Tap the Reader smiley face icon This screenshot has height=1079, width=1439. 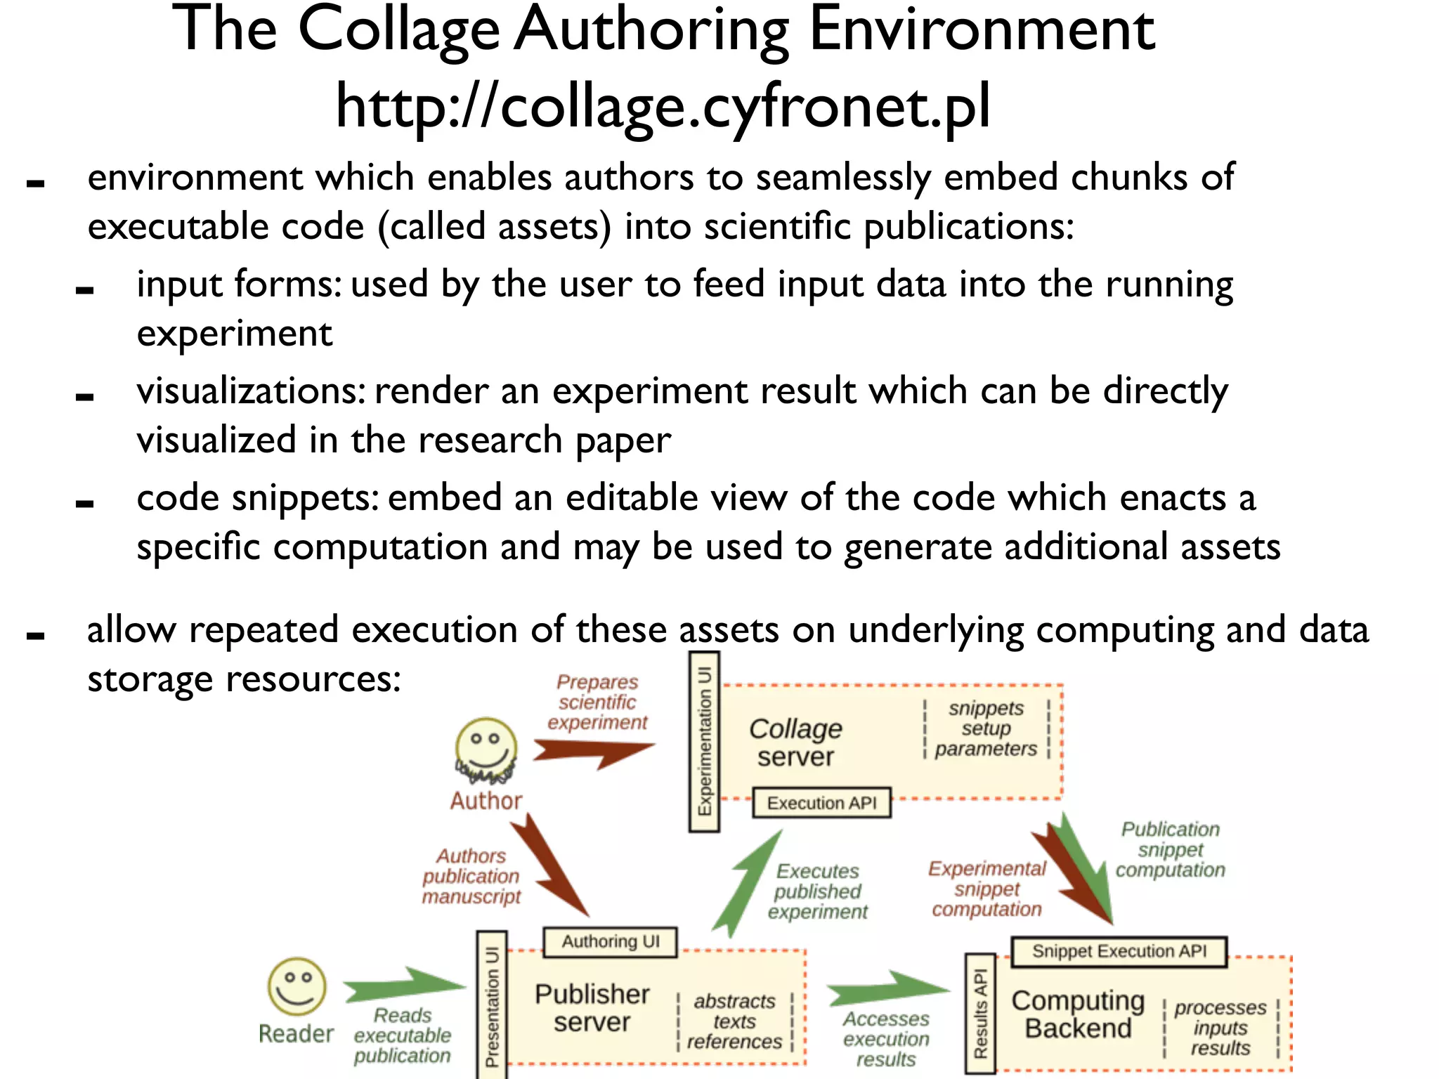[297, 986]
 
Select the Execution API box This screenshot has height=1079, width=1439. [821, 803]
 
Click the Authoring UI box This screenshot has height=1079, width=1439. [610, 942]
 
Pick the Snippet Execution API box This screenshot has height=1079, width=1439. [1119, 952]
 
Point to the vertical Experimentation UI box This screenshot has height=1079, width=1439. [704, 742]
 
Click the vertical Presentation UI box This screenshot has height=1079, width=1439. [492, 1005]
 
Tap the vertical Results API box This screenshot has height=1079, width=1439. [981, 1013]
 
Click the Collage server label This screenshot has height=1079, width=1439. [795, 743]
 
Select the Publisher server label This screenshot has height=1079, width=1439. [592, 1008]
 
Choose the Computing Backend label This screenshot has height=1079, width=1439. [1078, 1014]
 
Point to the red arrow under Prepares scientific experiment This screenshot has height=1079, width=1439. [592, 753]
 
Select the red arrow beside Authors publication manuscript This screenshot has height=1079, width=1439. [549, 867]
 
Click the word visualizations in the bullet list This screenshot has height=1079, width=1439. [249, 391]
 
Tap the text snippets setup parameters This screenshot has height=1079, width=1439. [986, 728]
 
